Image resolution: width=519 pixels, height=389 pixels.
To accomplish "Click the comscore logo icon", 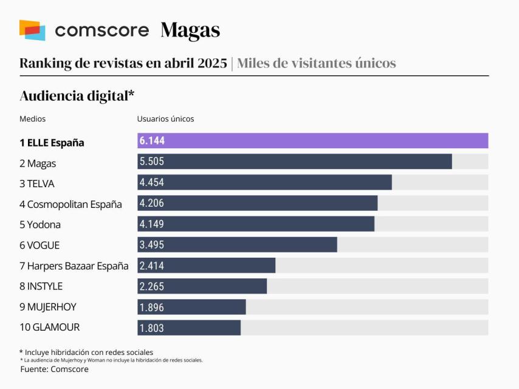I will (x=32, y=30).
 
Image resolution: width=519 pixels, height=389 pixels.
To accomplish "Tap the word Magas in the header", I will (x=190, y=30).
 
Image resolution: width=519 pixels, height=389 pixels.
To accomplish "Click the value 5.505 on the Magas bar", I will (x=152, y=162).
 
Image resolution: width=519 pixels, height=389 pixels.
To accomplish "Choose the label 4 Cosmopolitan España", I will (x=70, y=204).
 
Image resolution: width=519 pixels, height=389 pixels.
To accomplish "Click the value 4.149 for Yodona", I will (x=152, y=224).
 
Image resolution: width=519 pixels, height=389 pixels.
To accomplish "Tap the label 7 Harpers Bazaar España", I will (x=74, y=266).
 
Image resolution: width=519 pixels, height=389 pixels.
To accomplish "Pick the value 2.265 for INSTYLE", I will (x=152, y=286).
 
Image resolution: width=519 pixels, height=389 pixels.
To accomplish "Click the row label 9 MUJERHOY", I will (x=48, y=307).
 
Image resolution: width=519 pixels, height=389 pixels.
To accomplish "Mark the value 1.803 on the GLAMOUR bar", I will (x=152, y=328).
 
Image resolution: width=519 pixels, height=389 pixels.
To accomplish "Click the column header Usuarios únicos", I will (x=165, y=119).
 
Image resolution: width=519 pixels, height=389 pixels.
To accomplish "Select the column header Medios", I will (x=32, y=119).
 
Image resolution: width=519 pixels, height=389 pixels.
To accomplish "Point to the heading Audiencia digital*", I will (x=77, y=95).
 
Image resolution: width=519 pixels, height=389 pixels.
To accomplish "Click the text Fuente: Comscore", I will (x=54, y=369).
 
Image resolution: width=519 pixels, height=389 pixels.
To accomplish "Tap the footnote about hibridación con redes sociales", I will (x=86, y=352).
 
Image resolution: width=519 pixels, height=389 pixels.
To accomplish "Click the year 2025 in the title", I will (x=213, y=63).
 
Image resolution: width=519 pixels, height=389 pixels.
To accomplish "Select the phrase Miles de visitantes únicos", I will (x=316, y=63).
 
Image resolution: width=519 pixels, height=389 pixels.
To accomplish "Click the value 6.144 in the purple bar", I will (x=152, y=141).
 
